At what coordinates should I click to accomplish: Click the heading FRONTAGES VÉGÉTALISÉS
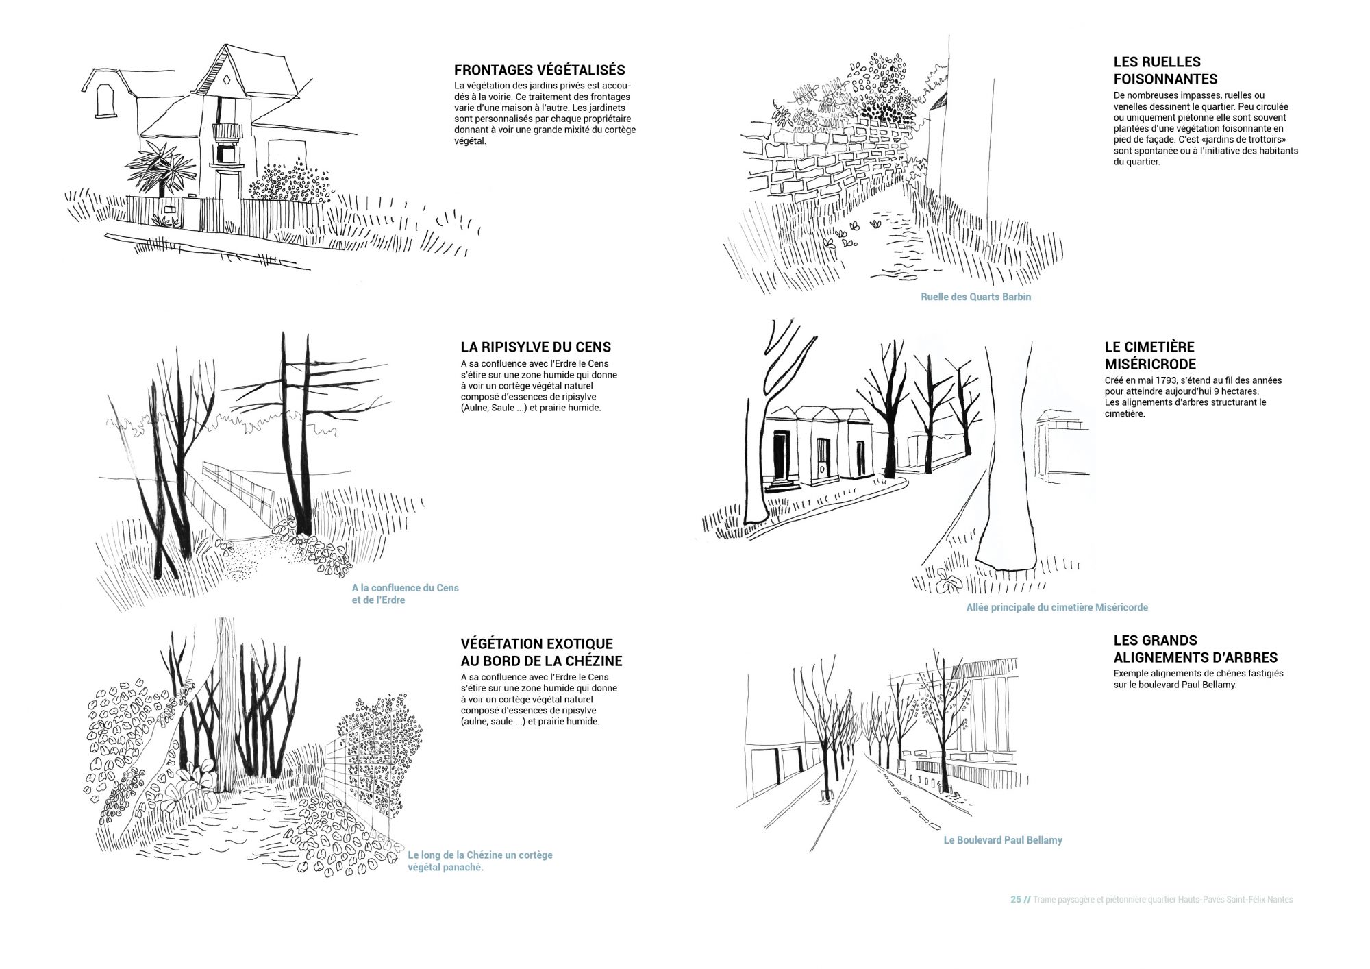click(539, 70)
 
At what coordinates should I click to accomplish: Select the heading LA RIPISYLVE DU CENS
click(536, 347)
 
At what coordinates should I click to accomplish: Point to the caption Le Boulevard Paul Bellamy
click(1003, 839)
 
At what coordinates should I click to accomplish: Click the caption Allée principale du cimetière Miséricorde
click(1057, 607)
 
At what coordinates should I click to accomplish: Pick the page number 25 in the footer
click(1015, 899)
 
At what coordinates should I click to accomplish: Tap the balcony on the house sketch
click(227, 132)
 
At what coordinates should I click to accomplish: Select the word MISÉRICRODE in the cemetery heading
click(1150, 364)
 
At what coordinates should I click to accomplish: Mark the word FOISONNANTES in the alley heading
click(1165, 79)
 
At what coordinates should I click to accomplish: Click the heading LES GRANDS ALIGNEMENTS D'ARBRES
click(1195, 649)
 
